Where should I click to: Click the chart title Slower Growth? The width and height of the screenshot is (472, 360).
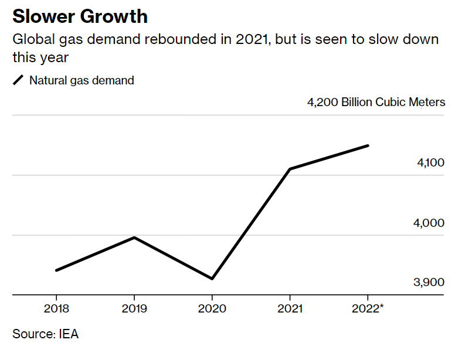pos(80,16)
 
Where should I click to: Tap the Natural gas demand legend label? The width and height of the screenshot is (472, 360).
pos(82,80)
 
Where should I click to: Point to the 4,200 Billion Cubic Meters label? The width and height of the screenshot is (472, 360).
pos(376,103)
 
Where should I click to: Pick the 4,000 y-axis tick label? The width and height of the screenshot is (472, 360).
pos(430,223)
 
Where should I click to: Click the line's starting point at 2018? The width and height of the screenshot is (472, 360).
pos(56,270)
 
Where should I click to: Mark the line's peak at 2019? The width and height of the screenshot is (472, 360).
pos(134,237)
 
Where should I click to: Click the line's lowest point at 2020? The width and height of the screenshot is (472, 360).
pos(212,279)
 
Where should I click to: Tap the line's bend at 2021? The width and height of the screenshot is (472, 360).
pos(290,169)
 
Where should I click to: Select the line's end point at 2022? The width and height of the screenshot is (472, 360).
pos(368,145)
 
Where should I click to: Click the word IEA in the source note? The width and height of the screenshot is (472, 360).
pos(69,335)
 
